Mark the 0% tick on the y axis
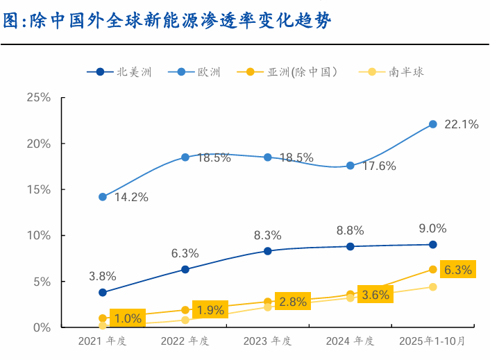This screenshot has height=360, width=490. (x=41, y=327)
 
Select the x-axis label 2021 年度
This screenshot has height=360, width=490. (x=103, y=341)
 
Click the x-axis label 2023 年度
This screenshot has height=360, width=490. (x=267, y=341)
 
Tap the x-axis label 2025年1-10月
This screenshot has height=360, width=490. (x=432, y=341)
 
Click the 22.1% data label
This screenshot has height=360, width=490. (x=462, y=125)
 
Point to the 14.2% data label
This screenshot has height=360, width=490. (x=131, y=197)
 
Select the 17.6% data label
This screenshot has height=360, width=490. (x=378, y=166)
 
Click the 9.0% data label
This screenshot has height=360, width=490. (x=433, y=228)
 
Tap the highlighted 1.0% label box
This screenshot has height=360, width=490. (x=128, y=319)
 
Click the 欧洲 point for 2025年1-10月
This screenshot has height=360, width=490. (x=432, y=124)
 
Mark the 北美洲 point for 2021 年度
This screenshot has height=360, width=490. (x=103, y=293)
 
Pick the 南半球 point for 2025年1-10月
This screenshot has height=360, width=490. (x=432, y=287)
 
